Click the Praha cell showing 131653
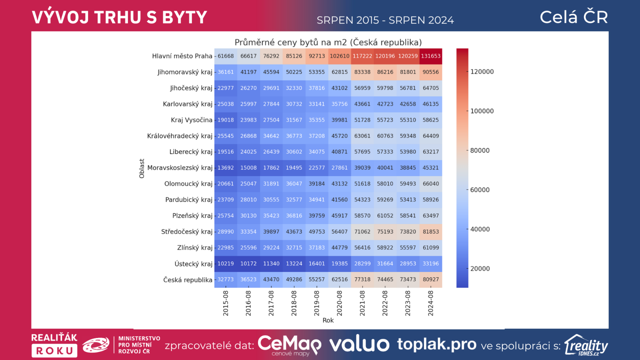tap(431, 56)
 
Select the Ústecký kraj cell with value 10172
tap(248, 264)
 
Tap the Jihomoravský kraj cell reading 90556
tap(431, 72)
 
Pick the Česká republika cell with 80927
tap(431, 280)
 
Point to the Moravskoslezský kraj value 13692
tap(226, 168)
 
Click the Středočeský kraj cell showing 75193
tap(385, 232)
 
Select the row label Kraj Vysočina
tap(192, 120)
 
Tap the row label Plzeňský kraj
tap(192, 216)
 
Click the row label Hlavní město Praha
tap(182, 56)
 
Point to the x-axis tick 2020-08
tap(340, 303)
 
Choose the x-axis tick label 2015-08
tap(226, 303)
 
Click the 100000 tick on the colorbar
tap(482, 111)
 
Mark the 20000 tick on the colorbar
tap(480, 269)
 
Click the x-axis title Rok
tap(328, 320)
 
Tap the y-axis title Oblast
tap(142, 168)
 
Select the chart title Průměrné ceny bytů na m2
tap(328, 42)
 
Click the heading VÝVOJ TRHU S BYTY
tap(119, 18)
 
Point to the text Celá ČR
tap(574, 17)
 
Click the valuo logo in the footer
tap(359, 344)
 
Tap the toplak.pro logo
tap(437, 344)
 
